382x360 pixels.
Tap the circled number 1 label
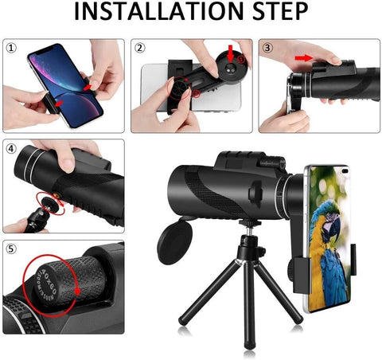tap(10, 47)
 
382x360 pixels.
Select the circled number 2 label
tap(139, 47)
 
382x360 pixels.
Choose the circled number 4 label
tap(10, 148)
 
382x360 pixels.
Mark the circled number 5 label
tap(10, 248)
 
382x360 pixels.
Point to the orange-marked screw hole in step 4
tap(57, 195)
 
